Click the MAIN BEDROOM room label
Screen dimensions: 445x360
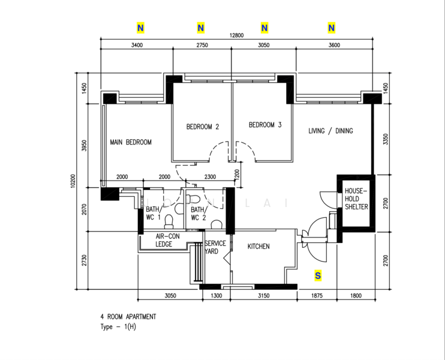(x=131, y=142)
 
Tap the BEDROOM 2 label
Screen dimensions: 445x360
(x=203, y=127)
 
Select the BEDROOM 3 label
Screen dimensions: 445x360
(x=265, y=125)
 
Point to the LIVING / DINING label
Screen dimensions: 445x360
(x=330, y=131)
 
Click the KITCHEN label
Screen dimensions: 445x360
(x=258, y=247)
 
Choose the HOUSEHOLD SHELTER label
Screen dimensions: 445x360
(x=356, y=199)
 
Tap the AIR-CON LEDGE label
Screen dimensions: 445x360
(x=167, y=240)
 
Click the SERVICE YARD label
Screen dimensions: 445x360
(x=215, y=247)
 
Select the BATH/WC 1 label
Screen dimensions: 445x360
(x=154, y=214)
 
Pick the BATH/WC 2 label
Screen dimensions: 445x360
(x=199, y=214)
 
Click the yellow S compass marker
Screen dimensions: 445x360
(x=318, y=275)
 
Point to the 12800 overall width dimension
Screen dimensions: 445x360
(x=236, y=35)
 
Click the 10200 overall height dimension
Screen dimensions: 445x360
(x=73, y=181)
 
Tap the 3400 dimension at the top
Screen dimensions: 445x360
(x=137, y=45)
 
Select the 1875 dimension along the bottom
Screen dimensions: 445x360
(x=317, y=296)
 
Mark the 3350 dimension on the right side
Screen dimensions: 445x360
(x=386, y=139)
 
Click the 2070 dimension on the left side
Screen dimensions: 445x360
(x=85, y=209)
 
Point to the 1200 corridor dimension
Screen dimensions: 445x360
(x=237, y=174)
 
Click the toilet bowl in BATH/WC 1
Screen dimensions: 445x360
(x=169, y=222)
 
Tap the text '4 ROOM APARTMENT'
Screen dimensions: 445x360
(x=128, y=317)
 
